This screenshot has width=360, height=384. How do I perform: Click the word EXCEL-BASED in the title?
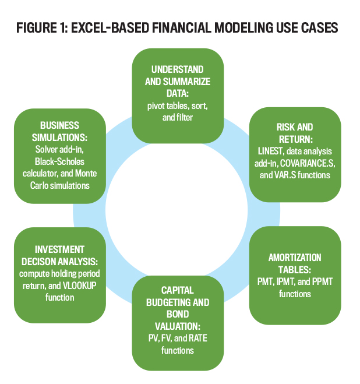click(x=110, y=27)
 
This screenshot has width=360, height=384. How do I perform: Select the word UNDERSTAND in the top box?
click(x=178, y=69)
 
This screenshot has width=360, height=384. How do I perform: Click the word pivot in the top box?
click(x=156, y=106)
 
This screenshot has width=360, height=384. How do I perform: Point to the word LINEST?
click(x=271, y=152)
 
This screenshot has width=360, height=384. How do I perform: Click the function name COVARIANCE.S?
click(x=308, y=163)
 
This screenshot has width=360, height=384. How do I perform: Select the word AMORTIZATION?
click(x=295, y=258)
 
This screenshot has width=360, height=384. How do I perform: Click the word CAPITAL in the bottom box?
click(x=178, y=290)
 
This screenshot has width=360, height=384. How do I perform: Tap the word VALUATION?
click(x=178, y=326)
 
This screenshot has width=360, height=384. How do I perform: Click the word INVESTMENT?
click(x=59, y=250)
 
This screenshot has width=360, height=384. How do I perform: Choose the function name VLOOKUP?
click(x=80, y=286)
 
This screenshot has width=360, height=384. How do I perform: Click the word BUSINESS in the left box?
click(x=59, y=125)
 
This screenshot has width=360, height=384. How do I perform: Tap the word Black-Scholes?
click(x=59, y=161)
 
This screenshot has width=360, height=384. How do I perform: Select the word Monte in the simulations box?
click(x=86, y=174)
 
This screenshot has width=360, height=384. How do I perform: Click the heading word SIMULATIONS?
click(x=59, y=138)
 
